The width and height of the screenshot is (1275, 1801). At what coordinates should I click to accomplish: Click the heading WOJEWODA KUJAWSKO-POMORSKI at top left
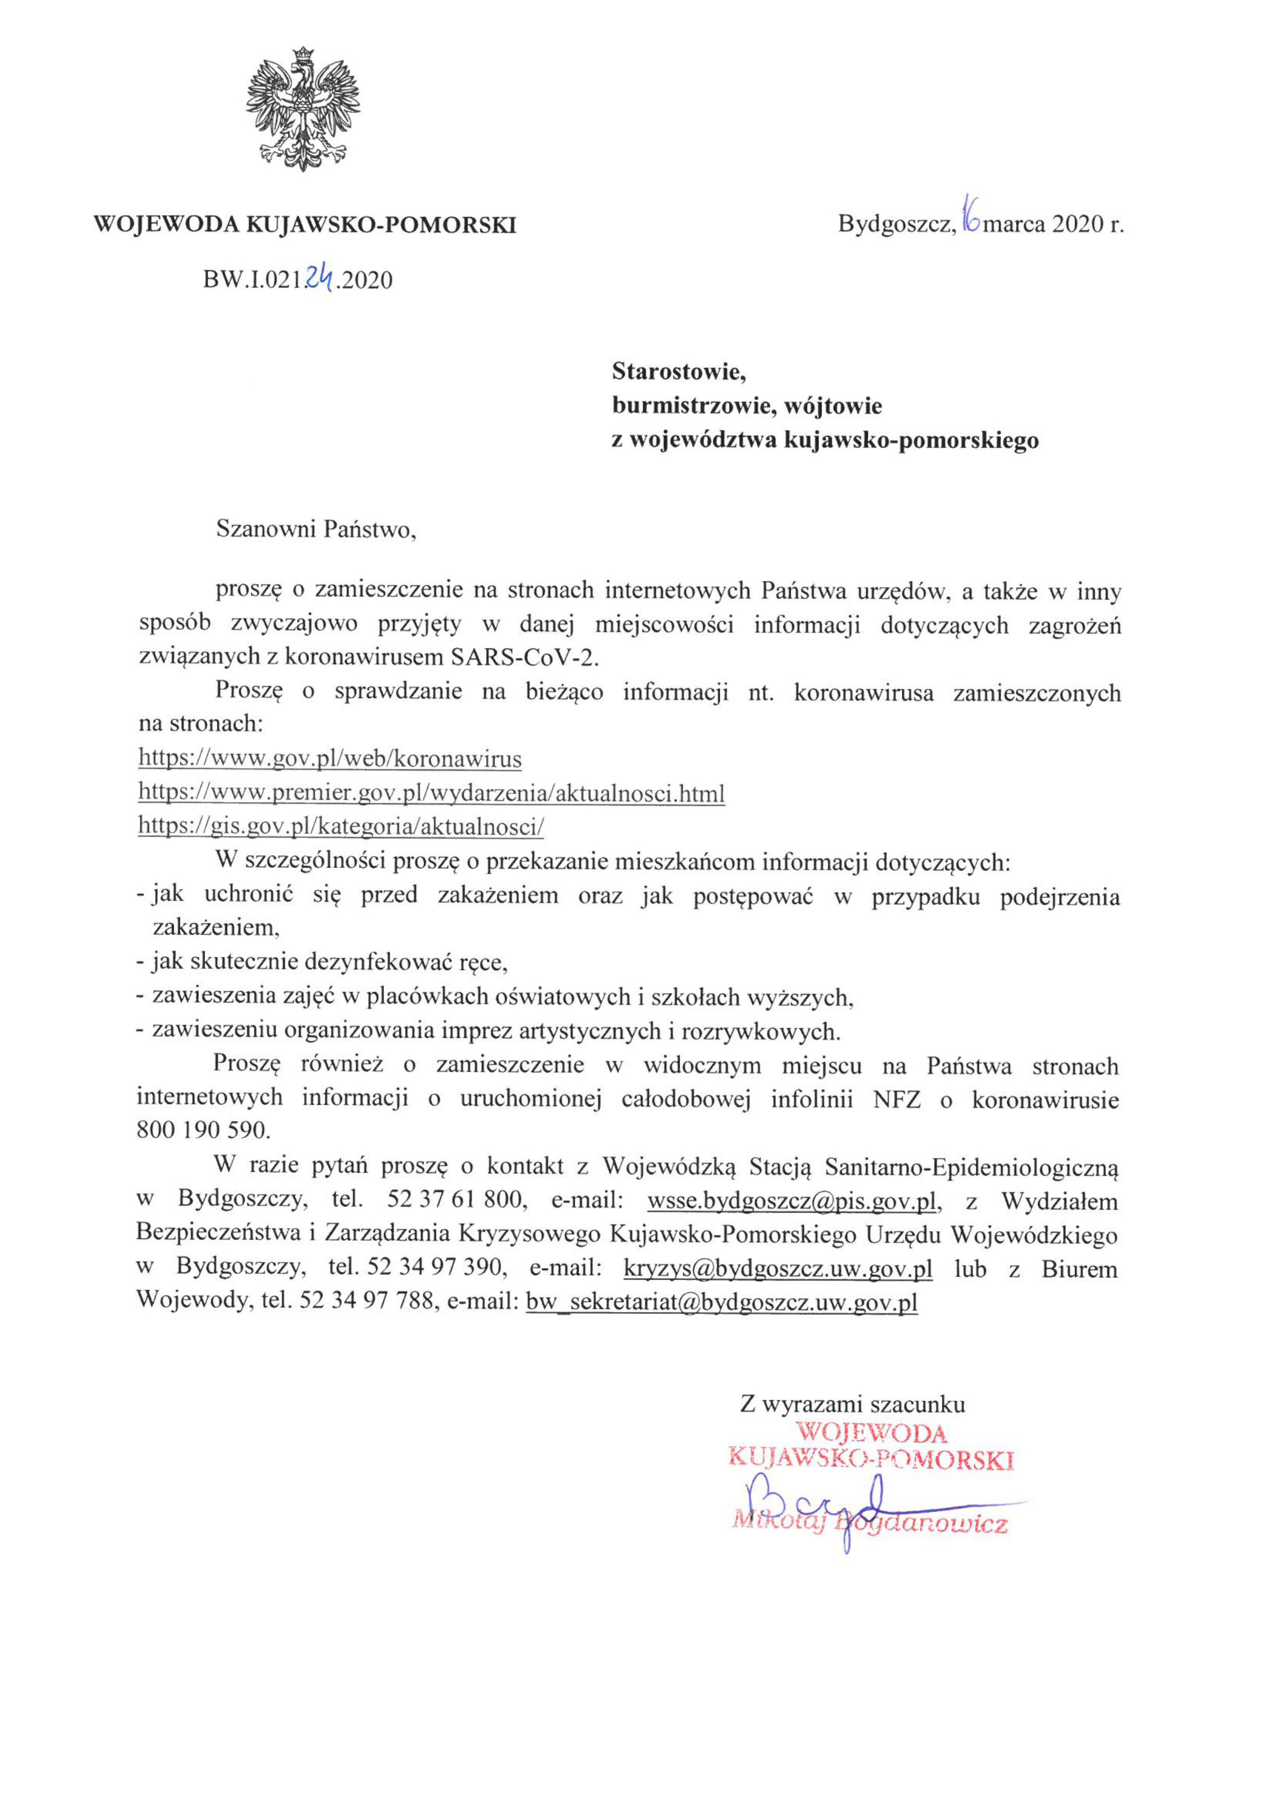coord(305,225)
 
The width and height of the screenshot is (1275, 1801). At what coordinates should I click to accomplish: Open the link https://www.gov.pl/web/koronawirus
coord(330,759)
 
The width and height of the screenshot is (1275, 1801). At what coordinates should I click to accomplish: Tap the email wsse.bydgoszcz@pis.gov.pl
coord(792,1201)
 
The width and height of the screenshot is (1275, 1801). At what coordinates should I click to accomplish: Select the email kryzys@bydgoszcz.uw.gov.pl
coord(777,1269)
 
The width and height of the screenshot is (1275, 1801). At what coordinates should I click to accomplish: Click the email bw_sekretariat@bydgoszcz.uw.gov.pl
coord(721,1303)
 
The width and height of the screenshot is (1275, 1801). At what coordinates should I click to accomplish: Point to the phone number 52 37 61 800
coord(454,1201)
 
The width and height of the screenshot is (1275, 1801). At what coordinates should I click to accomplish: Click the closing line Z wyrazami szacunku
coord(852,1404)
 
